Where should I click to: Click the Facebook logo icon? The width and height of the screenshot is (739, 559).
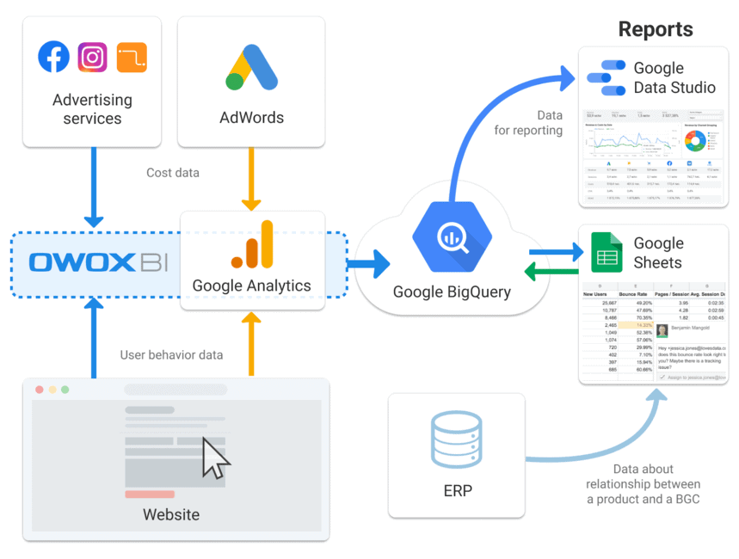click(54, 58)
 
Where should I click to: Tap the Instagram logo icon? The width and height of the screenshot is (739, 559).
click(93, 58)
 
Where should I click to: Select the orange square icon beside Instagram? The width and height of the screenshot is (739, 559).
click(132, 58)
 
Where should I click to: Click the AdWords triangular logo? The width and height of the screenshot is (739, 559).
click(251, 67)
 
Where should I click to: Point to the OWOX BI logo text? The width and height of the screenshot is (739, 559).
click(98, 262)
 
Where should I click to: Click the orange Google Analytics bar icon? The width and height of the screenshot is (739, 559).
click(252, 245)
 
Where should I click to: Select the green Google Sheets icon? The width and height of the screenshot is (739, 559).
click(607, 253)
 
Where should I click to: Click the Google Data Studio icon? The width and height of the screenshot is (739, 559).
click(606, 77)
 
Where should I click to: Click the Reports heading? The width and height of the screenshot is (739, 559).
click(655, 29)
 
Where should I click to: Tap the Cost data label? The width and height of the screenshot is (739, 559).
click(173, 173)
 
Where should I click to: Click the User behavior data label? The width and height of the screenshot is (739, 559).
click(171, 354)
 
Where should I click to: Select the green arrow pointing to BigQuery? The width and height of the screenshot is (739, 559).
click(551, 274)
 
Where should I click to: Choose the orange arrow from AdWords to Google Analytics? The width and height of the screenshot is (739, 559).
click(251, 179)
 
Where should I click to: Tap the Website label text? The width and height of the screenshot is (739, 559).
click(171, 515)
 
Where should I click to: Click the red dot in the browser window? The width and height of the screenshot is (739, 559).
click(39, 390)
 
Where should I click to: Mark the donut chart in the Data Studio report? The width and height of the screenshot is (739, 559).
click(694, 142)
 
